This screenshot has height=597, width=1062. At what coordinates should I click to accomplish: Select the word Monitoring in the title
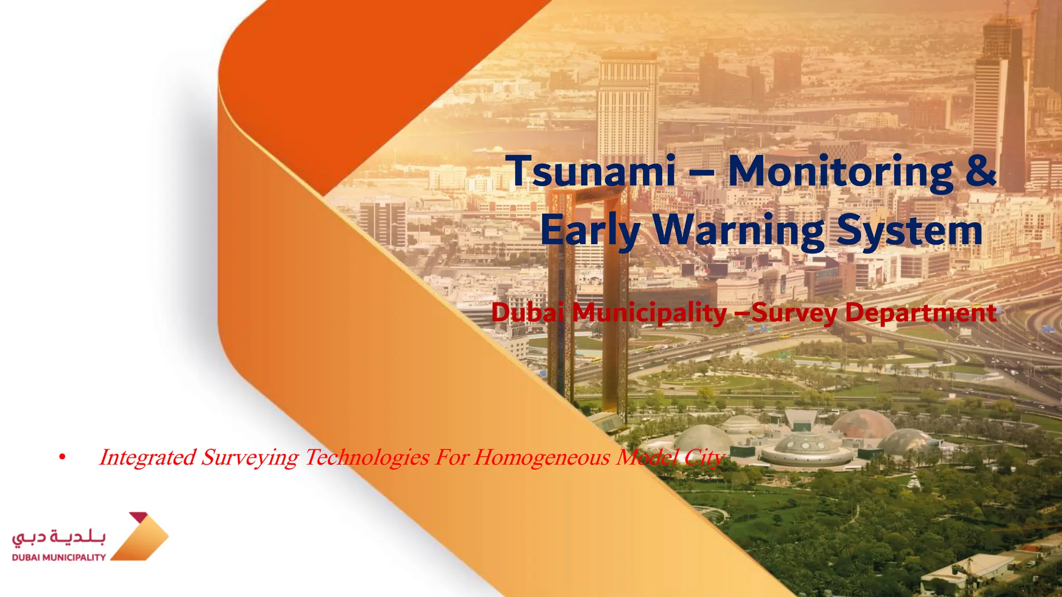(841, 170)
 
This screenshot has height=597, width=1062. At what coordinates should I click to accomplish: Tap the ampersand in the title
(981, 170)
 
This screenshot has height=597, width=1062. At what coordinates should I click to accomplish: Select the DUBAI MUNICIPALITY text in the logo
(59, 558)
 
